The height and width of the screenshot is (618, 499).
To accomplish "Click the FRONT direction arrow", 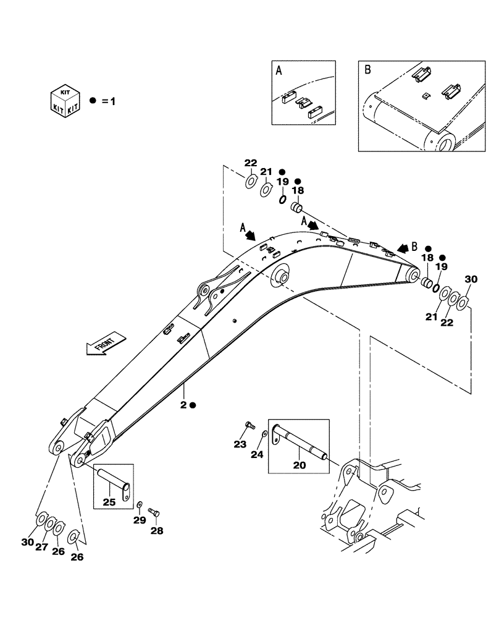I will [106, 344].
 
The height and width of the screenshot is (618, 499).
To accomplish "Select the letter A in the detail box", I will [279, 71].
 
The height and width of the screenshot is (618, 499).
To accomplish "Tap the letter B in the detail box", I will [367, 70].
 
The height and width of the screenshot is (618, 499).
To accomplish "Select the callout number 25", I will [109, 502].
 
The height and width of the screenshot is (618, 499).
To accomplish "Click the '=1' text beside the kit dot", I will [108, 100].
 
